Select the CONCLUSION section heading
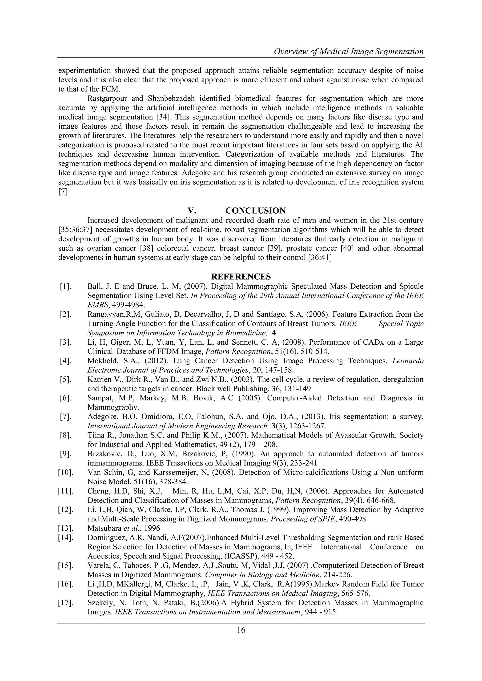click(x=255, y=211)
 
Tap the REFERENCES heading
click(x=241, y=277)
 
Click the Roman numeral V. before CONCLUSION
click(x=192, y=211)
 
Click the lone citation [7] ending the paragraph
click(x=63, y=192)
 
